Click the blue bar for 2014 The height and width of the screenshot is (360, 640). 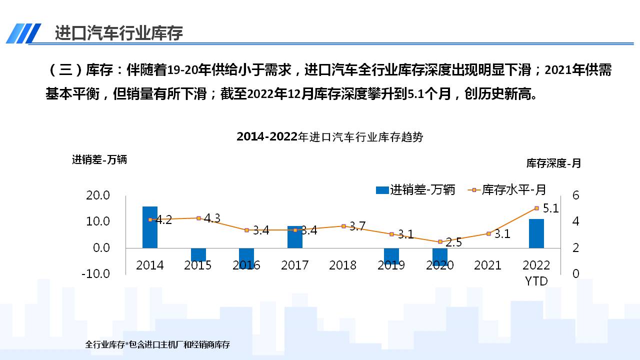pyautogui.click(x=150, y=227)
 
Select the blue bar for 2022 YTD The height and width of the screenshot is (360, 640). pyautogui.click(x=536, y=233)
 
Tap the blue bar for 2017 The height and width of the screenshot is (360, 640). pyautogui.click(x=295, y=237)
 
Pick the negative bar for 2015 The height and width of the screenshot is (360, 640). pyautogui.click(x=198, y=254)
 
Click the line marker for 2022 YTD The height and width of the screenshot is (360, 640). pyautogui.click(x=536, y=208)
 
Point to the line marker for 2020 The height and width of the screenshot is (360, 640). pyautogui.click(x=440, y=242)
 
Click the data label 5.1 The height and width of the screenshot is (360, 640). pyautogui.click(x=550, y=208)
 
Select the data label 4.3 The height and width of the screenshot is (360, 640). pyautogui.click(x=212, y=218)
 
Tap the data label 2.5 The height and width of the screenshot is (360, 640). pyautogui.click(x=453, y=242)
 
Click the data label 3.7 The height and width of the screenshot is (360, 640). pyautogui.click(x=357, y=226)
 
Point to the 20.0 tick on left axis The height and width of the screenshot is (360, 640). pyautogui.click(x=98, y=195)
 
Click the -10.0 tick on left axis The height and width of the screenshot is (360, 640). pyautogui.click(x=96, y=273)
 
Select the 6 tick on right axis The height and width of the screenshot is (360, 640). pyautogui.click(x=575, y=195)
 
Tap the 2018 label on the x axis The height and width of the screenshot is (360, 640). pyautogui.click(x=343, y=265)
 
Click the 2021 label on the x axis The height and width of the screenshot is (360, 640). pyautogui.click(x=487, y=265)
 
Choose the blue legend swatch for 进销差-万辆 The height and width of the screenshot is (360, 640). pyautogui.click(x=382, y=190)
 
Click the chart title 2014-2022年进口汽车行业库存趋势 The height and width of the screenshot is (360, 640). pyautogui.click(x=329, y=137)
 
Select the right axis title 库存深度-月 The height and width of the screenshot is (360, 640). pyautogui.click(x=553, y=163)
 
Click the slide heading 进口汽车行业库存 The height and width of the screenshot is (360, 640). pyautogui.click(x=119, y=33)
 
